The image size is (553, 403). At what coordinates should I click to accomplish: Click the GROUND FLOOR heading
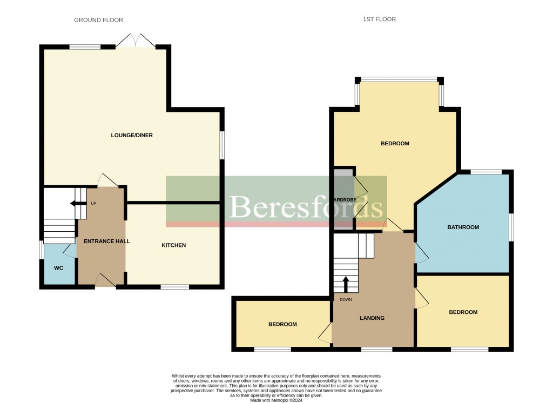[98, 20]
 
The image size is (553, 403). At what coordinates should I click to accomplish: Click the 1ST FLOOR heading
[380, 19]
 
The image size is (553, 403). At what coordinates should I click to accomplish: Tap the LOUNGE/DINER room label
[132, 135]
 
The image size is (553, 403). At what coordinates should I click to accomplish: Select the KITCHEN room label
[173, 245]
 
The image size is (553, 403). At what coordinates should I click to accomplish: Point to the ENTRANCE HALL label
[103, 241]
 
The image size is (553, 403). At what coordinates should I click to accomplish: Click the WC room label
[58, 268]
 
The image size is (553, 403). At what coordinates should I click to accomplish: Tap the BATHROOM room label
[463, 227]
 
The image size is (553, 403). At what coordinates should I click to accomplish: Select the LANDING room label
[372, 318]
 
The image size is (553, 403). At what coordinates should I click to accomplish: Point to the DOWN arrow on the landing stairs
[346, 284]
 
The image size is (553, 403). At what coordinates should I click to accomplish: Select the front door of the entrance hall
[105, 280]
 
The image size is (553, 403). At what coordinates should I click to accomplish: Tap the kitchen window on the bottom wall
[174, 287]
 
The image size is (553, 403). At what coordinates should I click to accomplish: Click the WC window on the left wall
[41, 250]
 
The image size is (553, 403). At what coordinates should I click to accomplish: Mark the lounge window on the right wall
[222, 145]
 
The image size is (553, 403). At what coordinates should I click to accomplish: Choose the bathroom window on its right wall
[511, 227]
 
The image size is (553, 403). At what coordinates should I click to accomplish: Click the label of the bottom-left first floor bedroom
[282, 324]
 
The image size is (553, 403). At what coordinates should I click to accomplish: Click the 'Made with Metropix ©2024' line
[276, 400]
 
